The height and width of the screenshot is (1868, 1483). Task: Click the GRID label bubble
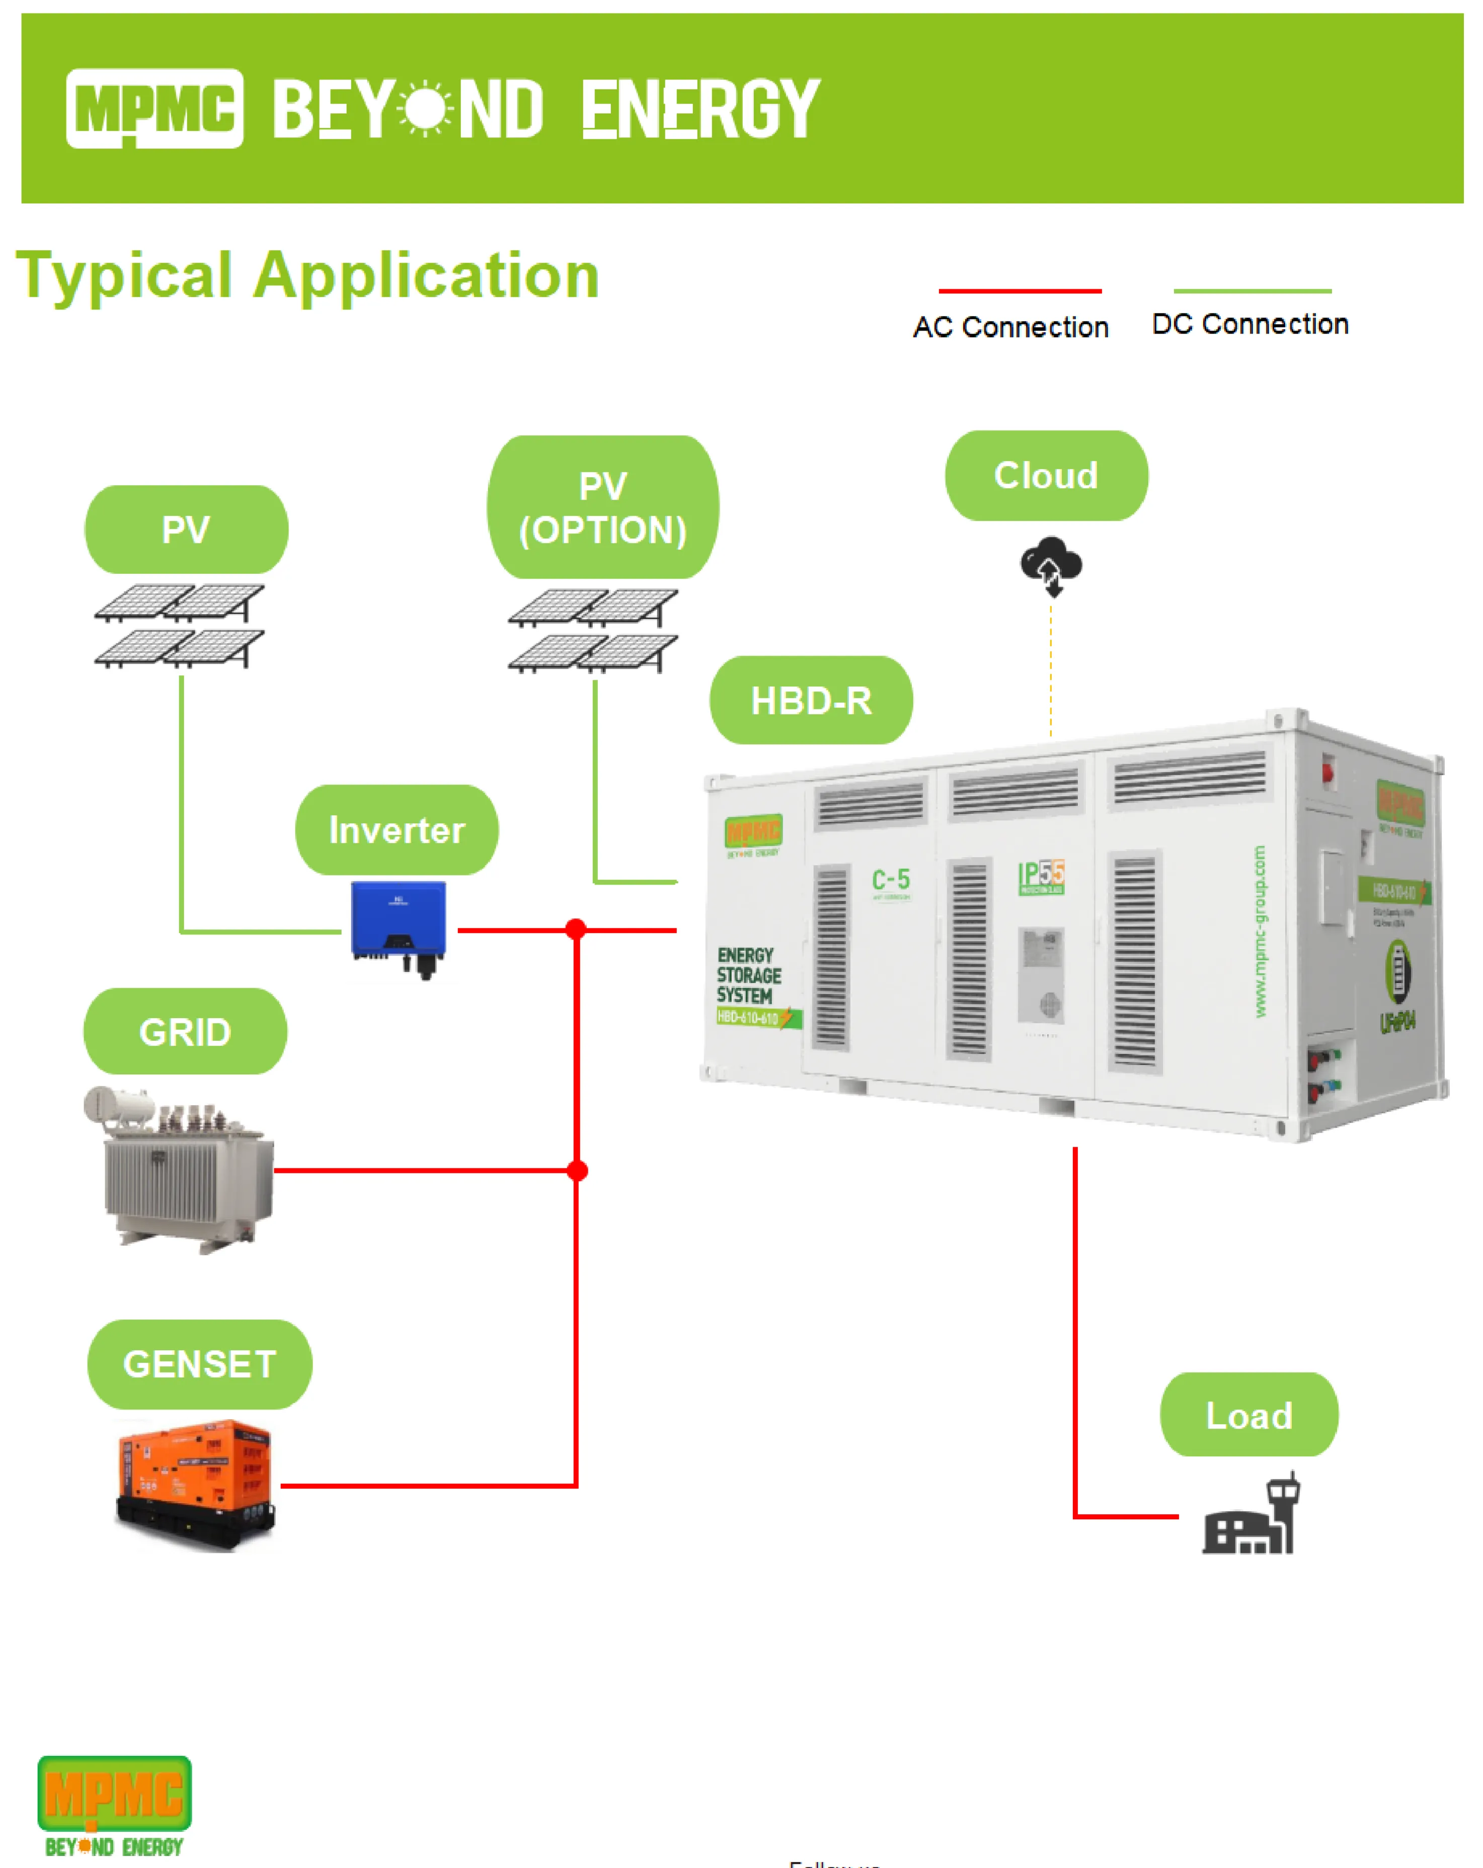[x=185, y=1031]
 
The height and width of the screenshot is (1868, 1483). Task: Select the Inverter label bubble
[x=397, y=829]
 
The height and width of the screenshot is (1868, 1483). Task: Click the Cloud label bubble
[x=1046, y=475]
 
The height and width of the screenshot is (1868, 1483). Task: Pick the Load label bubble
[x=1248, y=1415]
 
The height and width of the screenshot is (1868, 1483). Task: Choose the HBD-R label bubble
[x=811, y=700]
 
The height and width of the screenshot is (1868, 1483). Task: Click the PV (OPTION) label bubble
[x=603, y=507]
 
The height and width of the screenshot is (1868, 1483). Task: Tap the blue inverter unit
[x=399, y=927]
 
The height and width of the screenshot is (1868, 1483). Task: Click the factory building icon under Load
[x=1250, y=1516]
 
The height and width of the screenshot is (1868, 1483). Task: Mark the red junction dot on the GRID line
[x=577, y=1171]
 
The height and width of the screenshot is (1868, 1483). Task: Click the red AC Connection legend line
[x=1020, y=291]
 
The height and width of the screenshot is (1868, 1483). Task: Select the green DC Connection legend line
[x=1252, y=291]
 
